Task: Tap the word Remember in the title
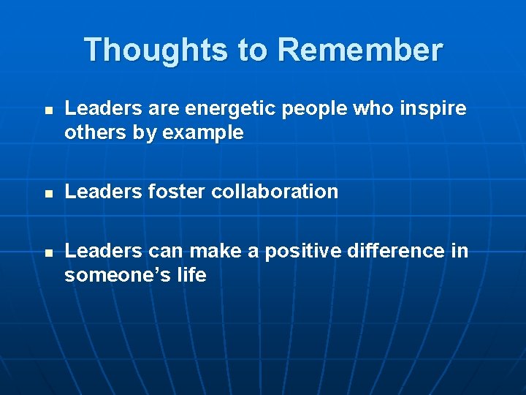coord(360,50)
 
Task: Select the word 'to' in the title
coord(253,50)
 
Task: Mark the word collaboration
coord(274,192)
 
